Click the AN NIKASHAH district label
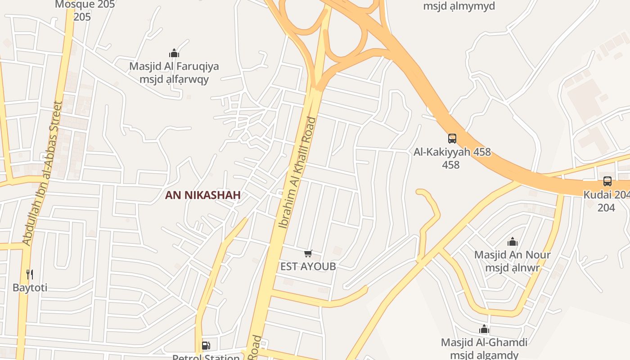click(202, 195)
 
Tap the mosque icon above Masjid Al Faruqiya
click(174, 54)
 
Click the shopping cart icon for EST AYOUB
click(308, 254)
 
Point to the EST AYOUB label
click(308, 266)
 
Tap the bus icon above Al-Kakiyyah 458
click(452, 139)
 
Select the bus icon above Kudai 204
click(607, 181)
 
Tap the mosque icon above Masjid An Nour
click(512, 242)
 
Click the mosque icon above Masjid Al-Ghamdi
click(484, 329)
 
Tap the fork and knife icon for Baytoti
click(30, 274)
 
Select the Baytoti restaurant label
click(30, 288)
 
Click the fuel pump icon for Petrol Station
click(206, 346)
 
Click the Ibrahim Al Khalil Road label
click(297, 173)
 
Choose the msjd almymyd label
click(459, 6)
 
